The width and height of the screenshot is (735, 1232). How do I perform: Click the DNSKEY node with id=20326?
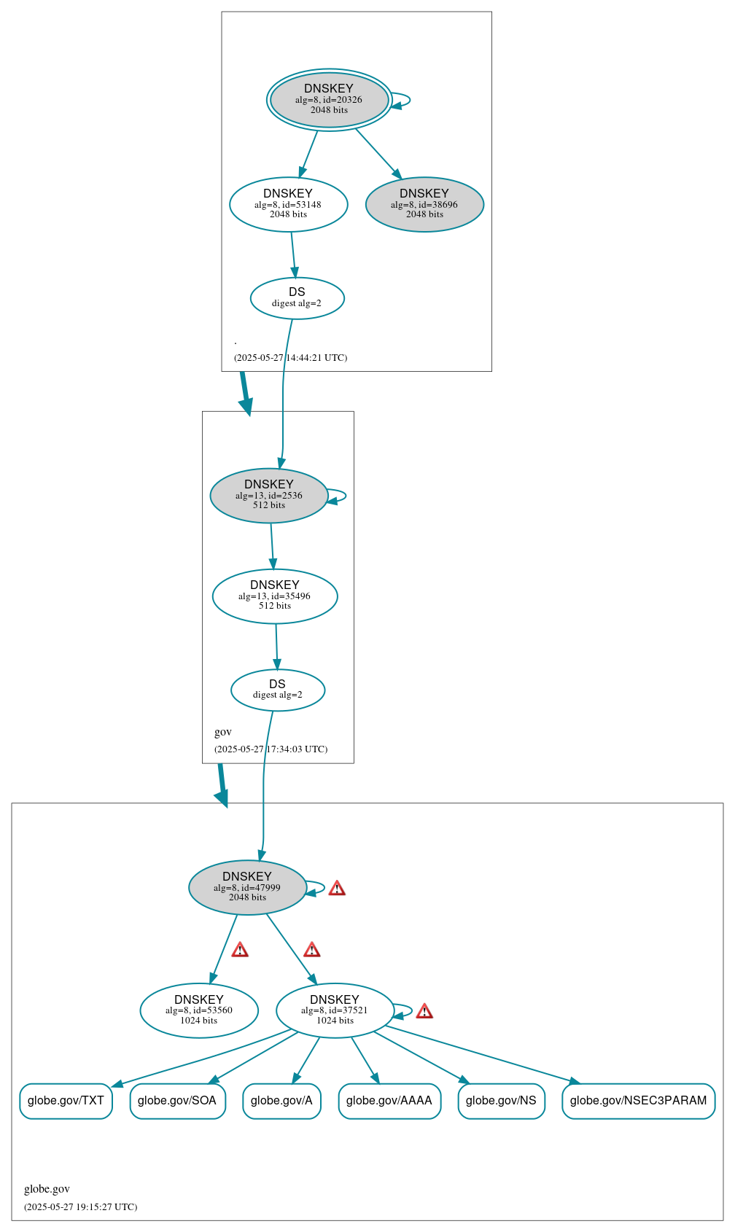click(329, 100)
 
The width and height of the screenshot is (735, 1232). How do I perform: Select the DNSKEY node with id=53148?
click(288, 204)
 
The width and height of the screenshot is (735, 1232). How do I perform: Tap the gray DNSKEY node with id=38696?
click(424, 204)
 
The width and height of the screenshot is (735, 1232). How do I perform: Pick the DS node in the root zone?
click(297, 297)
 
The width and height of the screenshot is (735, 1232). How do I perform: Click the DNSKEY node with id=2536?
click(268, 495)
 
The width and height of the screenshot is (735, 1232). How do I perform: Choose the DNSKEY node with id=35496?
click(275, 596)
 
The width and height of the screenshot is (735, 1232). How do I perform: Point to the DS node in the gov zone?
click(278, 690)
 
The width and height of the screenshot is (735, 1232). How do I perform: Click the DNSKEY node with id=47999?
click(247, 887)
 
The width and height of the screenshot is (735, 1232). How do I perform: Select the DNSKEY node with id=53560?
click(199, 1010)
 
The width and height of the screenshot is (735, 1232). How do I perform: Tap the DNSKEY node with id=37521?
click(335, 1010)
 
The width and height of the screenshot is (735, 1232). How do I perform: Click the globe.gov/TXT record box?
click(66, 1101)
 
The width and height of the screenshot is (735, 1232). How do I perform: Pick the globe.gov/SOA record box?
click(177, 1101)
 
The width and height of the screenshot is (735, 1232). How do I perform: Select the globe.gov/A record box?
click(281, 1101)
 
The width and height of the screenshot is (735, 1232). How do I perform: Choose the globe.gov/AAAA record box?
click(389, 1101)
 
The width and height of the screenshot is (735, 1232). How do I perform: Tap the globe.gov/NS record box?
click(501, 1101)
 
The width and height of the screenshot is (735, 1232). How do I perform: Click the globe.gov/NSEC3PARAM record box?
click(638, 1101)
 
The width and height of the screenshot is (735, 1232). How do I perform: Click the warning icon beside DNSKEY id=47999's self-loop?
click(337, 888)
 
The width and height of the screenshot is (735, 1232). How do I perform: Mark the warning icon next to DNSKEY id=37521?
click(424, 1011)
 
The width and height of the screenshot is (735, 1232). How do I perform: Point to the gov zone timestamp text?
click(271, 749)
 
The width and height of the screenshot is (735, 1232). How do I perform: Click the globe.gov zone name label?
click(47, 1189)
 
